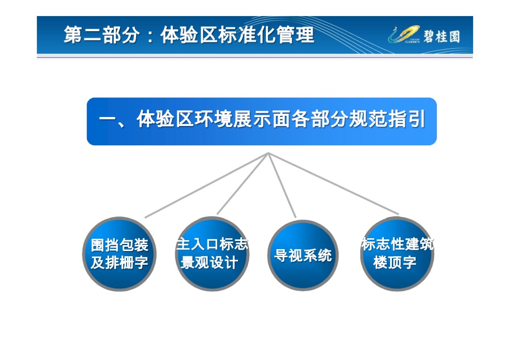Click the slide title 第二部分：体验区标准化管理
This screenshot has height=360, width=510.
189,35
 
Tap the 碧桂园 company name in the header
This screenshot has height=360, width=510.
441,36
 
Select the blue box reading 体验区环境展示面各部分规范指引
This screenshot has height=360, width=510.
262,121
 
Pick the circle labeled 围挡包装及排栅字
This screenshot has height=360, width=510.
119,254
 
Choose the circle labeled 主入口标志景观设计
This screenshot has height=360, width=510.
212,254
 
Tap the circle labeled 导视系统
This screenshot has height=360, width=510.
303,255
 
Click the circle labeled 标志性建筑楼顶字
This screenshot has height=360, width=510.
397,254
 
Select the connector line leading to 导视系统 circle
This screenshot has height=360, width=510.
282,185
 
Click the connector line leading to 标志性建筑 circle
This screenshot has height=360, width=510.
333,184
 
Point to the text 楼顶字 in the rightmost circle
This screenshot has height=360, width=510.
395,262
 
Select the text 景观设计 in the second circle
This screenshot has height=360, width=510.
209,263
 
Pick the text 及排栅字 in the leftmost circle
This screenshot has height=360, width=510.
119,263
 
